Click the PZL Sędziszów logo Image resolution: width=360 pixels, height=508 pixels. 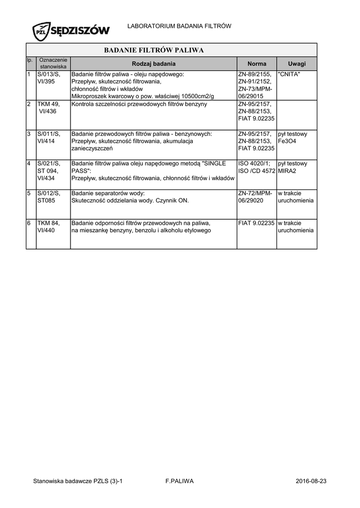tap(71, 31)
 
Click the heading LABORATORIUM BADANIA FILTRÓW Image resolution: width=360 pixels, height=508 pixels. tap(180, 25)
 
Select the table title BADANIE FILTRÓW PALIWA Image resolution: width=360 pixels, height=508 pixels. tap(153, 50)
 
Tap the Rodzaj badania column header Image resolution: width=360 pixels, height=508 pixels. tap(153, 63)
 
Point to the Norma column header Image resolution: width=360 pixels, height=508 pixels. tap(257, 63)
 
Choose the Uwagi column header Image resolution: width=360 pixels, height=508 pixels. tap(296, 63)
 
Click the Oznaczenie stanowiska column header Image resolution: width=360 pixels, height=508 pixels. tap(53, 63)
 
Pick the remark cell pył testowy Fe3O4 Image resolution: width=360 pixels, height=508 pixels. tap(292, 137)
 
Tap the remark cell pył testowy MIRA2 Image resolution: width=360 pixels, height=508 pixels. tap(292, 167)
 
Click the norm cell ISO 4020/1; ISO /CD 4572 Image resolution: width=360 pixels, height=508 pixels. tap(256, 167)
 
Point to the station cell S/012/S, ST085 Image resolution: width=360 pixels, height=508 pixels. tap(48, 197)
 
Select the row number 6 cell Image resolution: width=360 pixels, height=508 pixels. tap(30, 223)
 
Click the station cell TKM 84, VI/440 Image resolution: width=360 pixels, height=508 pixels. tap(48, 227)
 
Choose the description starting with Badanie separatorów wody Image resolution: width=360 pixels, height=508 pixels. tap(130, 197)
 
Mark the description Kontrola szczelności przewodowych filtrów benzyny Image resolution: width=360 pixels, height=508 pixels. tap(140, 104)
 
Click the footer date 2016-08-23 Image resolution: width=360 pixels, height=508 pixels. tap(311, 481)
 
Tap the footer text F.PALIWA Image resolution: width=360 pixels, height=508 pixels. tap(179, 481)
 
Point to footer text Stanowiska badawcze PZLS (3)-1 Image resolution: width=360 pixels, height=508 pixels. tap(77, 481)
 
